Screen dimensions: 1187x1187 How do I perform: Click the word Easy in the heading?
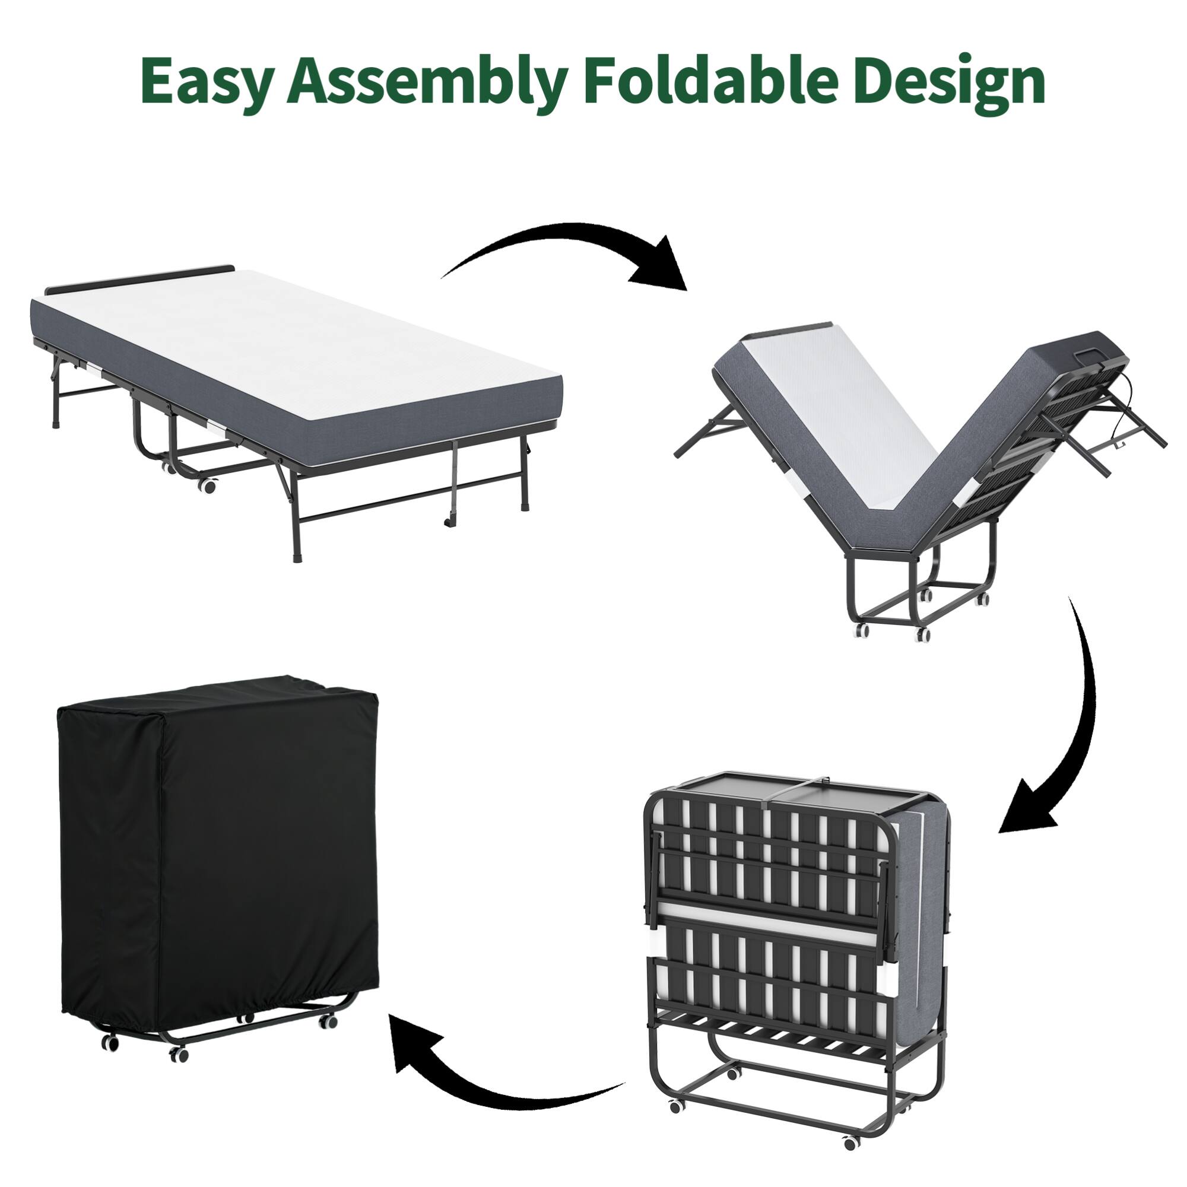tap(206, 81)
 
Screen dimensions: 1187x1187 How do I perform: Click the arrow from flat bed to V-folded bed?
tap(572, 249)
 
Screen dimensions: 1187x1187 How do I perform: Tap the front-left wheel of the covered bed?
tap(110, 1042)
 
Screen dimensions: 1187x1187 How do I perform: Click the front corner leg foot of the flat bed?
tap(299, 559)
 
